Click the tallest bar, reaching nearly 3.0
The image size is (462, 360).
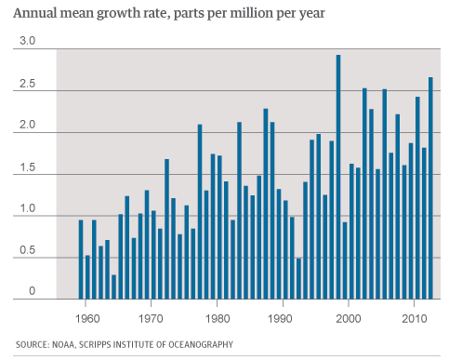[x=337, y=177]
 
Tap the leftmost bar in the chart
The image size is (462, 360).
[x=81, y=260]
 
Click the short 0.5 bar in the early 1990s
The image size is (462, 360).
[x=298, y=278]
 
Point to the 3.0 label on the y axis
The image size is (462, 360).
[x=27, y=43]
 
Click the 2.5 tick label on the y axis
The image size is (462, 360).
[x=27, y=85]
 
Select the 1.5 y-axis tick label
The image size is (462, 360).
[x=27, y=168]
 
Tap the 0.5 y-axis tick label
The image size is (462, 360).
[x=27, y=251]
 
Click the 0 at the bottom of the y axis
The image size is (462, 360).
[x=30, y=292]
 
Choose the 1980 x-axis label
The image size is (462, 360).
[x=217, y=316]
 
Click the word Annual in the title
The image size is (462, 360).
[x=34, y=16]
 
